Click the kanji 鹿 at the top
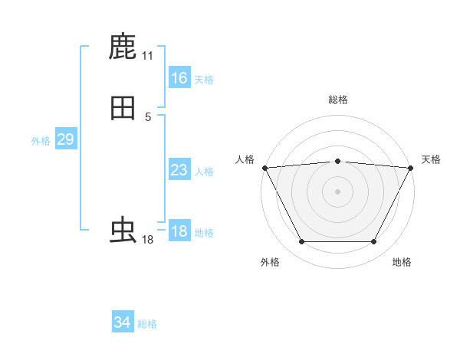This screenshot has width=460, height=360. pos(123,47)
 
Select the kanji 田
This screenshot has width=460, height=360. pos(123,109)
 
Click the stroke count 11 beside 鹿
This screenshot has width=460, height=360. pos(148,56)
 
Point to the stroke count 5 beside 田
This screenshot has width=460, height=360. pos(148,117)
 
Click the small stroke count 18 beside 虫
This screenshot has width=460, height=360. pos(148,240)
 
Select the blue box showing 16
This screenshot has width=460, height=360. pos(179,78)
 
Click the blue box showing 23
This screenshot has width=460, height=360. pos(179,170)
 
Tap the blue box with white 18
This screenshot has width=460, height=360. pos(179,231)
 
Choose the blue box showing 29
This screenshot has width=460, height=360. pos(65,139)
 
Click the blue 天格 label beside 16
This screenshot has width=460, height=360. pos(204,80)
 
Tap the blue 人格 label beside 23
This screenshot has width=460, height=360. pos(204,172)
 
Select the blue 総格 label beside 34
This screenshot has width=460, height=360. pos(147,324)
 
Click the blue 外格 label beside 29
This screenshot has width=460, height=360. pos(41,141)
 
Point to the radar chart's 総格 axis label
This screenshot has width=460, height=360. pos(338,100)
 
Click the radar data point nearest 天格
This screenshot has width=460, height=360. pos(412,168)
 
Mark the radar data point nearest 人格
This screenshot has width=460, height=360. pos(264,168)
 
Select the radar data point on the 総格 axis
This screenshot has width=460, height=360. pos(338,161)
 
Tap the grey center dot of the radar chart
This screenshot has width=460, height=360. pos(338,191)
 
